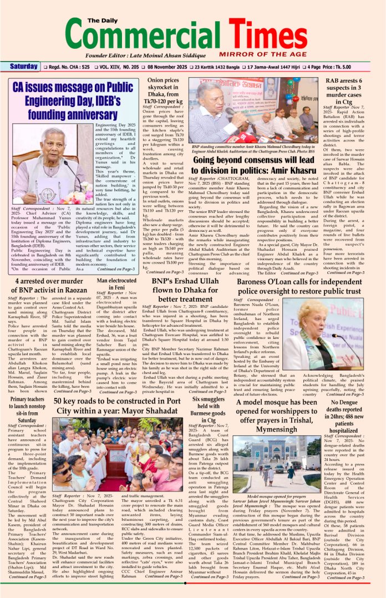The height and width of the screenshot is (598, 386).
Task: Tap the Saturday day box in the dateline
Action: tap(24, 67)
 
